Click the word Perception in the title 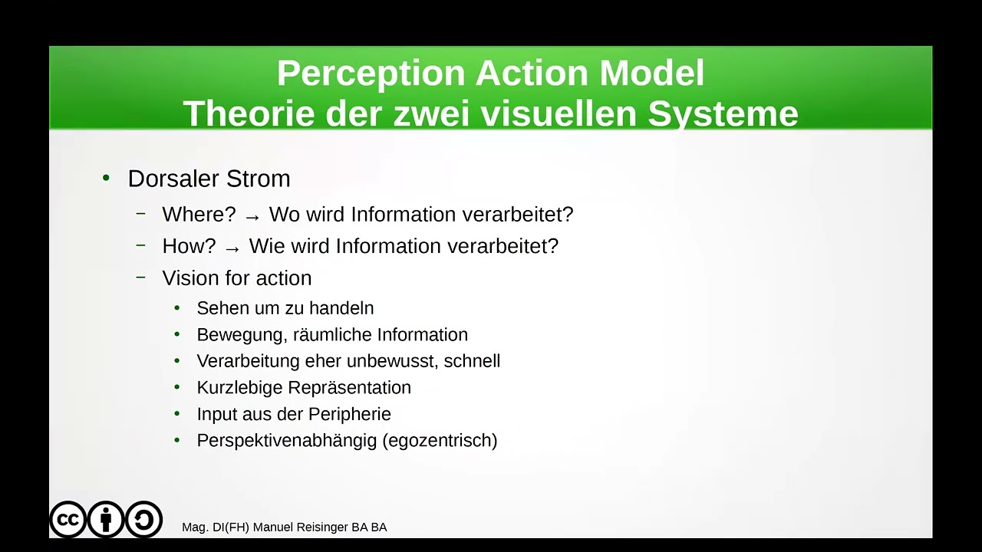[x=371, y=74]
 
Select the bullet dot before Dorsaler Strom [x=106, y=178]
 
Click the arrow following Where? [x=252, y=216]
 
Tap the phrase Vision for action [x=236, y=278]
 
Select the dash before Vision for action [x=140, y=277]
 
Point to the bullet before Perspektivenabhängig [x=177, y=440]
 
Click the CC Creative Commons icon [x=68, y=520]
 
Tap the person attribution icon [x=106, y=520]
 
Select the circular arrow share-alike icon [x=143, y=520]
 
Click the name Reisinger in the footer [x=322, y=527]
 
